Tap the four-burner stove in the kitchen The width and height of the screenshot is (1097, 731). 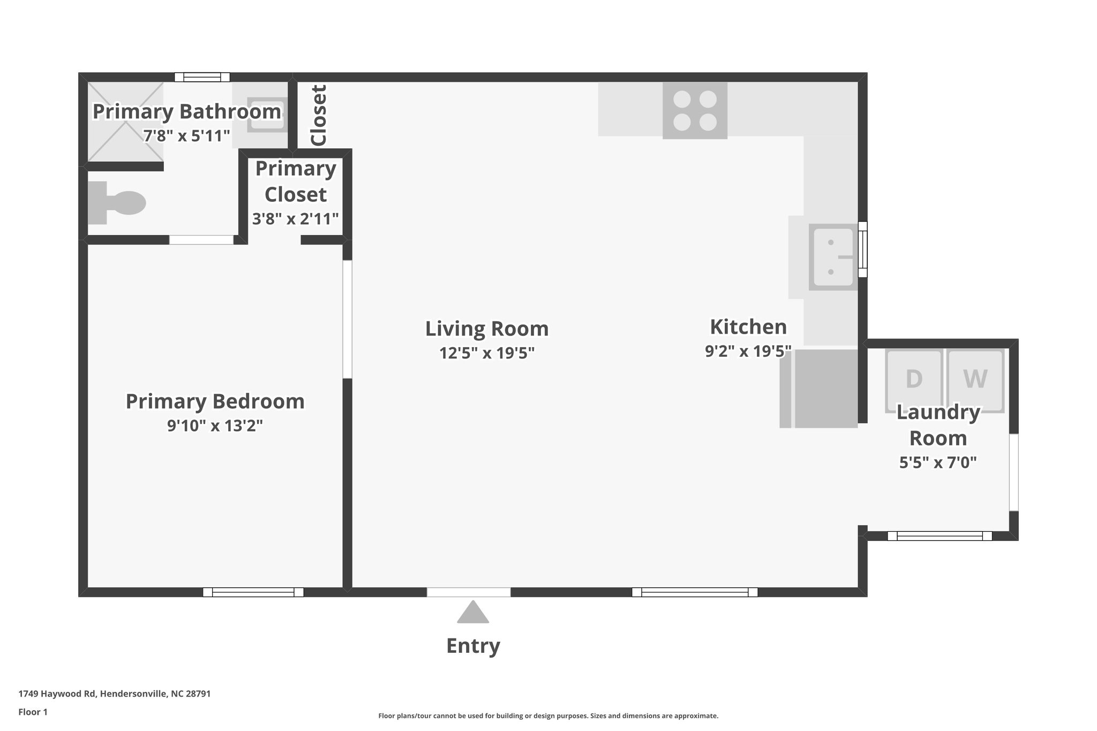(x=695, y=110)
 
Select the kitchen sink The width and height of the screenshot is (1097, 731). (x=833, y=257)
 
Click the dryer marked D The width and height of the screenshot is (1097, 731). (x=914, y=379)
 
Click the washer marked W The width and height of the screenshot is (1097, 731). (x=975, y=379)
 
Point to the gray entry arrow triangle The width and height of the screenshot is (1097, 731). (x=472, y=613)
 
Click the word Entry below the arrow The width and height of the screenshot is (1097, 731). (x=473, y=646)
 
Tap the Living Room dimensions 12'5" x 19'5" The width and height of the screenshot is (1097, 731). (x=487, y=353)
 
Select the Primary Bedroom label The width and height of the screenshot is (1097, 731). (x=215, y=401)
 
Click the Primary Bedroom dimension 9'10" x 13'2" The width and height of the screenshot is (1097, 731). (x=215, y=426)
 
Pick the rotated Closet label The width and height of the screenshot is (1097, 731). (x=319, y=115)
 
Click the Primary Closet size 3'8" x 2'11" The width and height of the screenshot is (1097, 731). (x=296, y=218)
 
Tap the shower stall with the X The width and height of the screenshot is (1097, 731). (x=125, y=122)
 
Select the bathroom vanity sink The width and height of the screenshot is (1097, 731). (x=267, y=115)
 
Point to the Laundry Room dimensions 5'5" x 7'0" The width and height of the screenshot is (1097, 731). (x=938, y=462)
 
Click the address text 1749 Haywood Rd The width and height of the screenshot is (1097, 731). (x=114, y=694)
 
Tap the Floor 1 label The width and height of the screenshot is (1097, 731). (x=33, y=712)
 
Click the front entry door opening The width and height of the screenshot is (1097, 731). (x=468, y=592)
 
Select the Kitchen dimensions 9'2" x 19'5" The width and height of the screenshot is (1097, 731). (x=748, y=351)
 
